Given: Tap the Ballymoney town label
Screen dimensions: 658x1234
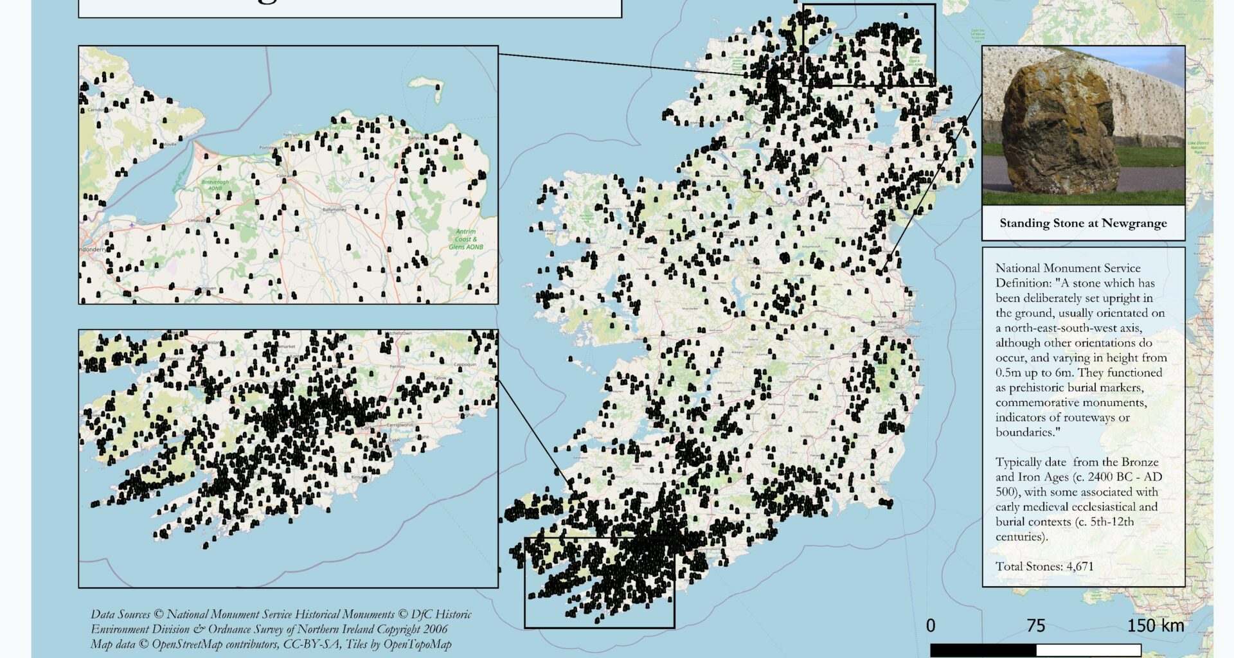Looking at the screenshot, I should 334,209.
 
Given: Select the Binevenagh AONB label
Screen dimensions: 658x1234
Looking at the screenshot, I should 215,185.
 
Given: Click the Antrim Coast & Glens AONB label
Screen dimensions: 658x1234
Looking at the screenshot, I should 466,239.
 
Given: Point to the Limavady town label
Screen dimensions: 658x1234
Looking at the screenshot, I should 196,220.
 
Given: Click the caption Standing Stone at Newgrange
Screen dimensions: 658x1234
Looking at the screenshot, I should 1083,224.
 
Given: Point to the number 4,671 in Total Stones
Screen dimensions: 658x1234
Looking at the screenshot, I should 1080,566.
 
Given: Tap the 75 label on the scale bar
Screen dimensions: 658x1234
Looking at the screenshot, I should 1035,626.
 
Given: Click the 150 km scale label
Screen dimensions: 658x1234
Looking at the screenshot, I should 1155,626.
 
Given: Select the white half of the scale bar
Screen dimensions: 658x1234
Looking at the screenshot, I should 1088,650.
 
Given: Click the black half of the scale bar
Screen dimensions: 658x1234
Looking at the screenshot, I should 983,650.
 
